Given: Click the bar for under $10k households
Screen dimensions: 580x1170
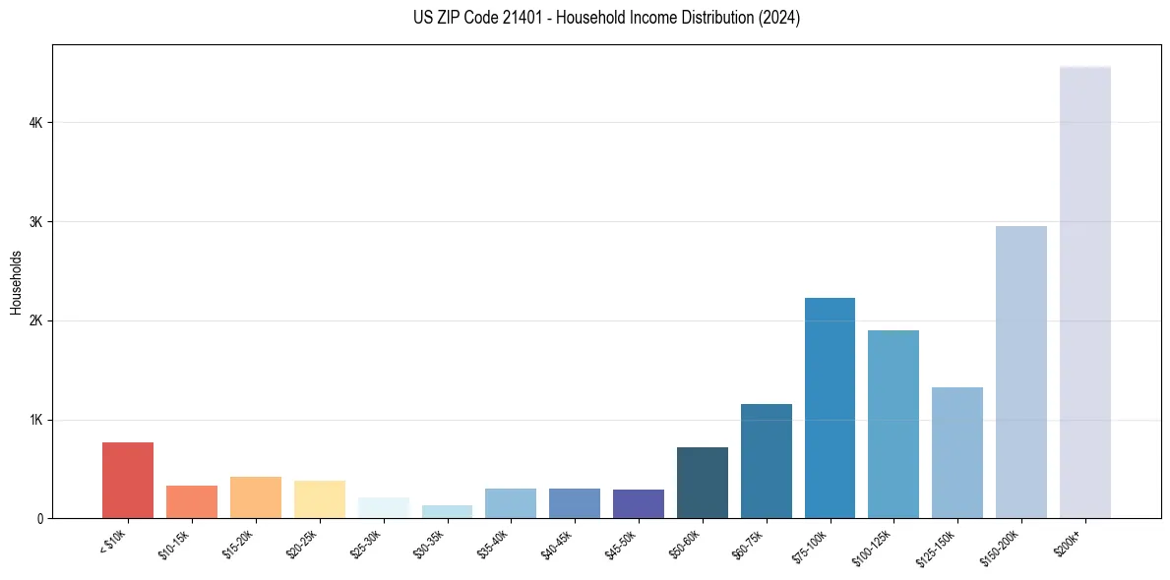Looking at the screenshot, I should pyautogui.click(x=128, y=481).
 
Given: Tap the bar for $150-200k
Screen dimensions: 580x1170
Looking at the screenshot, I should pyautogui.click(x=1020, y=373).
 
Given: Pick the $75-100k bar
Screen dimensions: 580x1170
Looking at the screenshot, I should pyautogui.click(x=830, y=408).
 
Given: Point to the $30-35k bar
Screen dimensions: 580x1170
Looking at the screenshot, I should pyautogui.click(x=447, y=512).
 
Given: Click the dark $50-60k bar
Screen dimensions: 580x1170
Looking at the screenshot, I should pyautogui.click(x=703, y=483).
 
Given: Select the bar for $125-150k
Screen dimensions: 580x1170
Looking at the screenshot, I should pyautogui.click(x=957, y=453).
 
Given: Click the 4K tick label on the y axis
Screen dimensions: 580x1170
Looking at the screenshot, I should pyautogui.click(x=35, y=123).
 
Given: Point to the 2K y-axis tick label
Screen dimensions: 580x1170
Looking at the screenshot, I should pyautogui.click(x=35, y=321).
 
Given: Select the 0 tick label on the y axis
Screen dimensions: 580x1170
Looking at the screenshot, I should pyautogui.click(x=39, y=519).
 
